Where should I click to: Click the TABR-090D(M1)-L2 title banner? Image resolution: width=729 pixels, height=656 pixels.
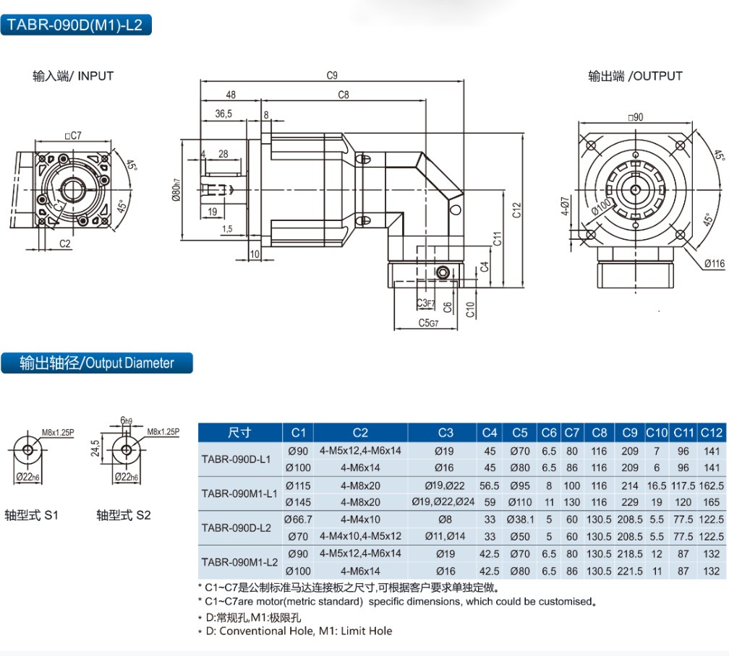point(75,25)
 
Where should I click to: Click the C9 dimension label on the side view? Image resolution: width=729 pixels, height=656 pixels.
point(332,75)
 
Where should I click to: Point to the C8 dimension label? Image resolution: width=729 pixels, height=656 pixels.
point(344,95)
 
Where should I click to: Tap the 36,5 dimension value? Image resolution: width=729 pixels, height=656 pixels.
point(223,113)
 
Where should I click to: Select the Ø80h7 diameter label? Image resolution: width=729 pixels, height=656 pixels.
point(176,189)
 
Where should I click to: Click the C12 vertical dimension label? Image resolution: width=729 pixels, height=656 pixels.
point(516,210)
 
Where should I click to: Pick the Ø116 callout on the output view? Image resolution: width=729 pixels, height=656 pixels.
point(714,264)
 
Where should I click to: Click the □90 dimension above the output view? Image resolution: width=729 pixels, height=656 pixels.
point(636,117)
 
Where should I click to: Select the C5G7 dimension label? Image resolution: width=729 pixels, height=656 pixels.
point(429,323)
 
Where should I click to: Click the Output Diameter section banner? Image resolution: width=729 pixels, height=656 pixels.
point(97,363)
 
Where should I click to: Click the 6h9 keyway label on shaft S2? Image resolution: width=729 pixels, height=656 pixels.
point(127,420)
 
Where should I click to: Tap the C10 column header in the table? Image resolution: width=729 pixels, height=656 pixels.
point(657,432)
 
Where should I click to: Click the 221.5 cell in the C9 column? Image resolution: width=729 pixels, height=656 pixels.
point(630,571)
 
